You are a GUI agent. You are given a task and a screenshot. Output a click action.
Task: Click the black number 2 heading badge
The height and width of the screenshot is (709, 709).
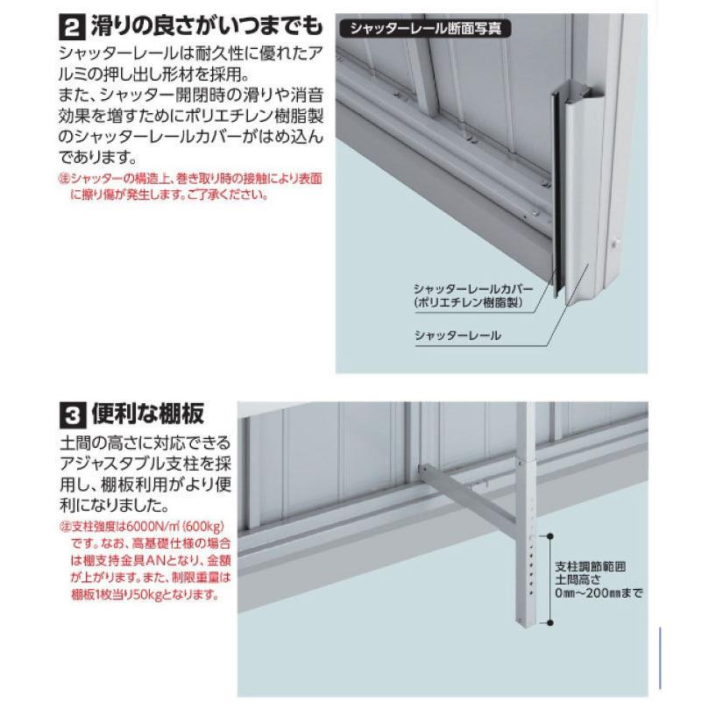click(72, 28)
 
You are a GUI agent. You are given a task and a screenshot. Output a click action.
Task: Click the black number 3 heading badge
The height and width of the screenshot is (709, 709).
click(72, 415)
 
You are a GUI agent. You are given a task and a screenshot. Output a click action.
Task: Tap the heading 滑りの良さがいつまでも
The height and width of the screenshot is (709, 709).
click(207, 26)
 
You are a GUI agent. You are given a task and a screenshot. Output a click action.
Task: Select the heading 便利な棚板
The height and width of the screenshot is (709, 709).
click(148, 414)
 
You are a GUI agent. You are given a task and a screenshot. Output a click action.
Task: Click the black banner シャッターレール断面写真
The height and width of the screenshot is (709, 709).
click(425, 29)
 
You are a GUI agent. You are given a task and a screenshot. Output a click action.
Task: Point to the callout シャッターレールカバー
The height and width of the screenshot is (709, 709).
click(473, 288)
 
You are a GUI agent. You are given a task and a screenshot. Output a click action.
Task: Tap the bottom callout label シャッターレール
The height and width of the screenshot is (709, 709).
click(457, 336)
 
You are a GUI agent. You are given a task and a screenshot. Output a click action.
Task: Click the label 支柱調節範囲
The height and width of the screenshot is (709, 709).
click(590, 566)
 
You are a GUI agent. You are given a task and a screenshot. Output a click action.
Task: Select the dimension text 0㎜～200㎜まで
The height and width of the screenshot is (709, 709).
click(599, 592)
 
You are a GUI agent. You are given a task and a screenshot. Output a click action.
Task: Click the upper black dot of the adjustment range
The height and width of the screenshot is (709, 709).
click(549, 536)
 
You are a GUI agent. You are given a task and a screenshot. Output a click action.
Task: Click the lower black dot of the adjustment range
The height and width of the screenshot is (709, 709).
click(549, 623)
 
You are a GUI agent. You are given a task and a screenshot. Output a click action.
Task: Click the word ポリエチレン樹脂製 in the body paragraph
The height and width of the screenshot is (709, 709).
click(254, 116)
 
